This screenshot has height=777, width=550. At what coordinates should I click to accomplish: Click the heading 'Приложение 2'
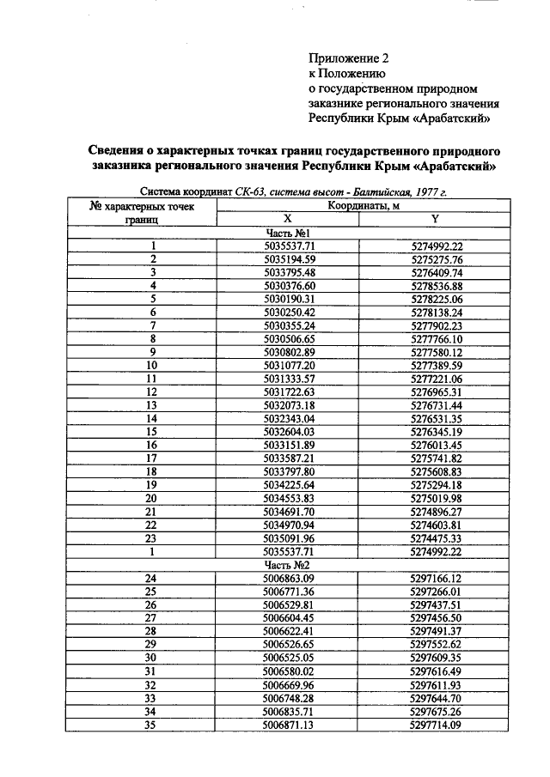click(349, 59)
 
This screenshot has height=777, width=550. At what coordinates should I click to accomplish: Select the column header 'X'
click(288, 220)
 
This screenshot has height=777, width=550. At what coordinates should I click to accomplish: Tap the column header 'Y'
click(436, 220)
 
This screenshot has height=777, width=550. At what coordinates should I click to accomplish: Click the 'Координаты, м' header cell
click(361, 206)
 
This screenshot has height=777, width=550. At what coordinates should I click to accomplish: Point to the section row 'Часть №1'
click(290, 233)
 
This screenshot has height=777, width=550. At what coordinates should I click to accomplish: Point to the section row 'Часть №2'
click(290, 566)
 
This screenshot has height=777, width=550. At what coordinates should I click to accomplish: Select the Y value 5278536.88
click(437, 286)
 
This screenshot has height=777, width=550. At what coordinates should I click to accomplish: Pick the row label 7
click(152, 325)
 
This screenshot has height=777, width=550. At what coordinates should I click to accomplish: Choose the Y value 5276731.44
click(437, 405)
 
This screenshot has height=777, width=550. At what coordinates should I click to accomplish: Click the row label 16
click(152, 446)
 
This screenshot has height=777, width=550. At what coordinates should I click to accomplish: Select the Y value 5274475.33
click(437, 538)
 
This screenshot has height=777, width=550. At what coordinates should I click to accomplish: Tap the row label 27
click(152, 618)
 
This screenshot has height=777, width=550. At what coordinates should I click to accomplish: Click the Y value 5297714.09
click(437, 725)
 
